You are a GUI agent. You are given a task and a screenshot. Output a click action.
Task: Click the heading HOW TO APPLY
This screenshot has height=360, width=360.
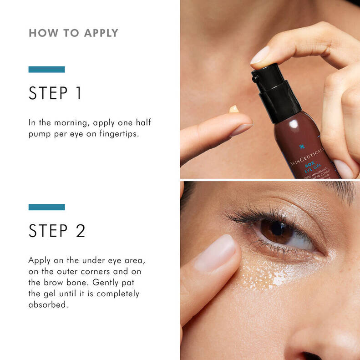[73, 33]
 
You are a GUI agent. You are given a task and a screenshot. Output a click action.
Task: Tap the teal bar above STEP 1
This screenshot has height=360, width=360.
[46, 70]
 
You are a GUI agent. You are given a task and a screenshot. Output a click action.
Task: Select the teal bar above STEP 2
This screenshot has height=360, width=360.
[46, 207]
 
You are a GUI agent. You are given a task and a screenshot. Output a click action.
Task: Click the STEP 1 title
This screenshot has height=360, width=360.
[55, 93]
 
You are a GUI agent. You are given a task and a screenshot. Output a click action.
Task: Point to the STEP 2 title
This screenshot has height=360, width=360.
[57, 230]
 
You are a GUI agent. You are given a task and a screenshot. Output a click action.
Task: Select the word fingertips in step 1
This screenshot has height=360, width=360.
[116, 135]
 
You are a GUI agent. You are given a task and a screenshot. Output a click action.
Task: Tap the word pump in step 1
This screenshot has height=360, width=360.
[39, 135]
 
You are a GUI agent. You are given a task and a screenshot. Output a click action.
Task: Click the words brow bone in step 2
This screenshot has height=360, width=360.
[66, 282]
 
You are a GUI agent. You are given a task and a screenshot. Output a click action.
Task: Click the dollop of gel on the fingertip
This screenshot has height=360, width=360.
[234, 109]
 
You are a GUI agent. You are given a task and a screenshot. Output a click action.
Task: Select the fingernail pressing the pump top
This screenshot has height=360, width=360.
[261, 56]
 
